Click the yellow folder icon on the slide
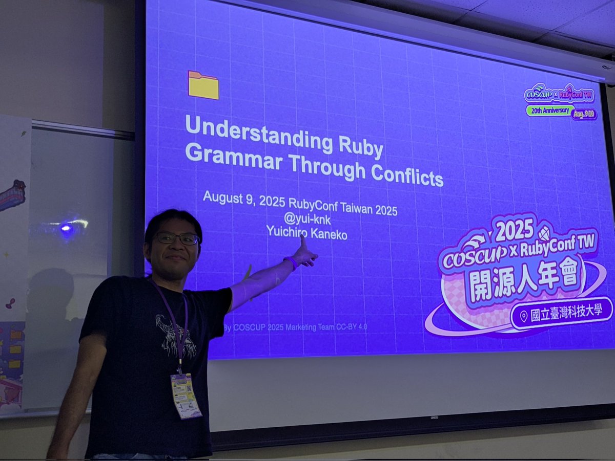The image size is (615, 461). [203, 85]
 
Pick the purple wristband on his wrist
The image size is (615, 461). [291, 263]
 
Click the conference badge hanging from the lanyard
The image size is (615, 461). [186, 395]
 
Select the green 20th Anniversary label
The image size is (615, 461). [549, 110]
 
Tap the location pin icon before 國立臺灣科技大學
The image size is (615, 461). [523, 317]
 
